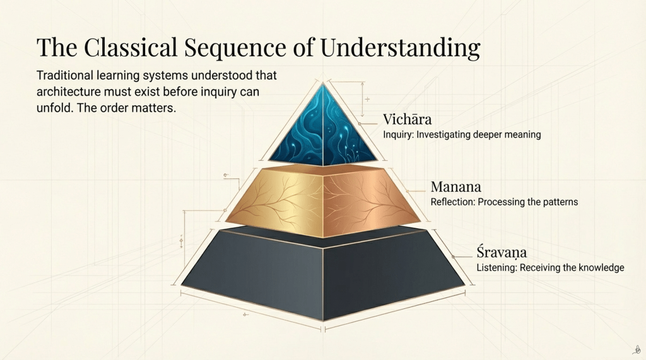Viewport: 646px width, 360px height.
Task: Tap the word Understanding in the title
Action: pyautogui.click(x=400, y=48)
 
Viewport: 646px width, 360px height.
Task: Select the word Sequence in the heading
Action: pyautogui.click(x=235, y=48)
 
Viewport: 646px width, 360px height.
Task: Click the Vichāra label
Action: pyautogui.click(x=407, y=119)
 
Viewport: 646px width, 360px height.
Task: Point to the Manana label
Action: pyautogui.click(x=455, y=187)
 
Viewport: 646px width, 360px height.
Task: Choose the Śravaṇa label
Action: pyautogui.click(x=502, y=252)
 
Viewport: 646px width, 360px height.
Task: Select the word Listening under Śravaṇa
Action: pyautogui.click(x=496, y=268)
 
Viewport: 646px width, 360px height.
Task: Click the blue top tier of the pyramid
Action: pyautogui.click(x=323, y=128)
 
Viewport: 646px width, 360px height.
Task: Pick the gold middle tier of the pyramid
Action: pyautogui.click(x=323, y=202)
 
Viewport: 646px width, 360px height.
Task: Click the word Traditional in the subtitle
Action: pyautogui.click(x=64, y=76)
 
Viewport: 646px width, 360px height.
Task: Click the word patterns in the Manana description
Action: pyautogui.click(x=560, y=202)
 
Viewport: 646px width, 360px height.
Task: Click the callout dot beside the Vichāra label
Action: pyautogui.click(x=359, y=124)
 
